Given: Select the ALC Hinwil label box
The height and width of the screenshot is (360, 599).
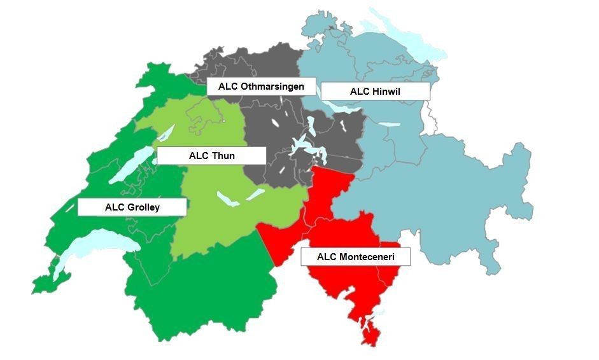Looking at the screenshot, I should pyautogui.click(x=375, y=92).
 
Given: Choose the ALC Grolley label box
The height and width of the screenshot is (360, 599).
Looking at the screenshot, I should pyautogui.click(x=132, y=207).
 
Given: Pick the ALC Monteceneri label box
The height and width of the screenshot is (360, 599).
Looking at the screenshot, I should pyautogui.click(x=355, y=257).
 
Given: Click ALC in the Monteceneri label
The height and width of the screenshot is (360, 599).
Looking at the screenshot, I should pyautogui.click(x=326, y=257).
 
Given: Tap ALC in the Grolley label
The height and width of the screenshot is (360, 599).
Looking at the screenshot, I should pyautogui.click(x=115, y=207).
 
